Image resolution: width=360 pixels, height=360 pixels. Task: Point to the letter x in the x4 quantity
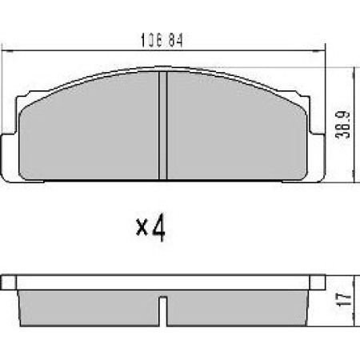coord(142,232)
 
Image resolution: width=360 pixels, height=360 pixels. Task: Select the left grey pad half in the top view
coord(88,132)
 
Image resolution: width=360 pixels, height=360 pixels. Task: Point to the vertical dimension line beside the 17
coord(353,300)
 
